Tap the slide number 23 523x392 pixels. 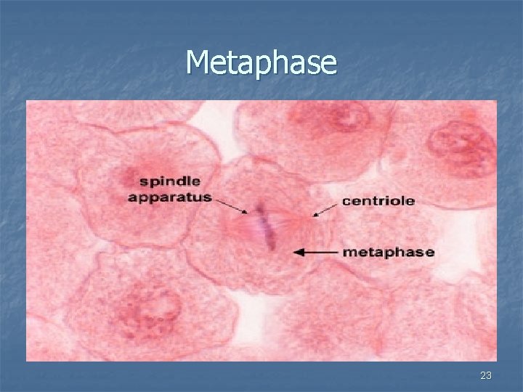[486, 375]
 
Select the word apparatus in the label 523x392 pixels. [169, 197]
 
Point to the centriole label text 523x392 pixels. [378, 201]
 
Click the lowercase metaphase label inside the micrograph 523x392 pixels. [388, 253]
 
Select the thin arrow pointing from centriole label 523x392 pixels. [325, 210]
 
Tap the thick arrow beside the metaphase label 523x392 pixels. [316, 253]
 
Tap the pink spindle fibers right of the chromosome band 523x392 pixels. [291, 226]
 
